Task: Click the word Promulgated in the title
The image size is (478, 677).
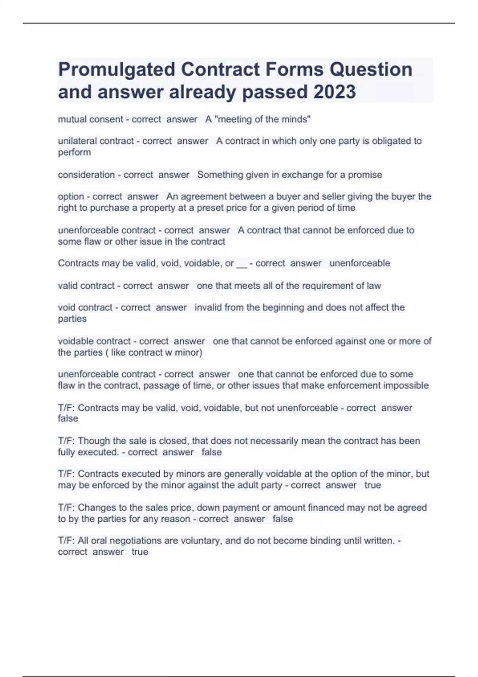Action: point(117,69)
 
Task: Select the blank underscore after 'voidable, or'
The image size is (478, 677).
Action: point(242,264)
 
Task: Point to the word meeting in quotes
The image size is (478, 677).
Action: point(237,119)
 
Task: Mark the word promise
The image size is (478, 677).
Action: point(365,175)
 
